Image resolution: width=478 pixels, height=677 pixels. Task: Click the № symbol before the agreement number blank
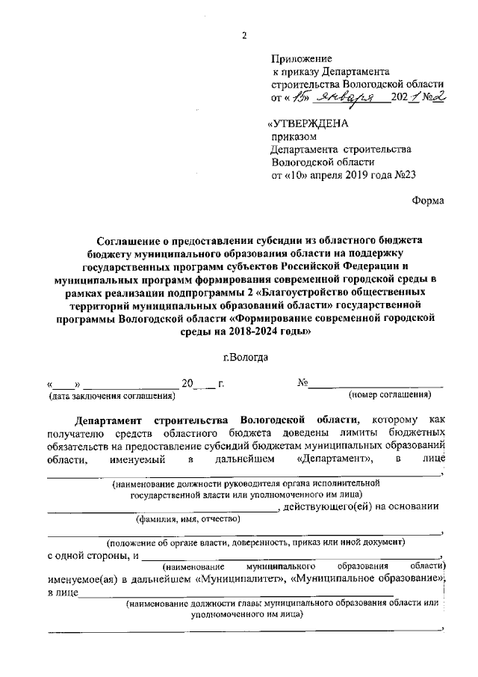click(x=303, y=383)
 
